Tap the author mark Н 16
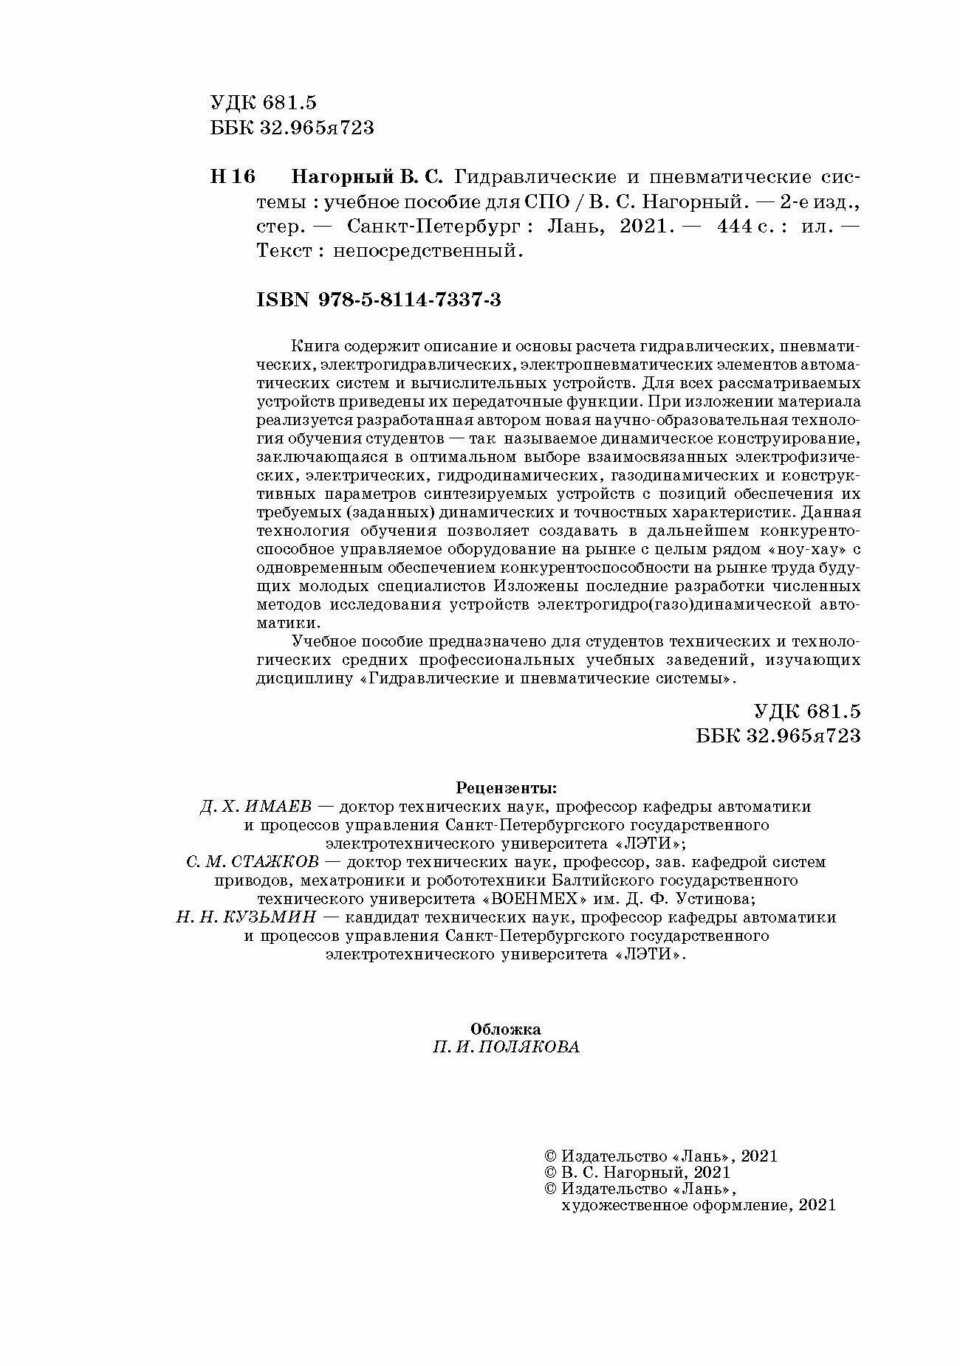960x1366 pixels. [x=233, y=177]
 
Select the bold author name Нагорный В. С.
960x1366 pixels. [x=366, y=177]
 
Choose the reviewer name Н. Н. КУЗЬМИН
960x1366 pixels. [x=246, y=917]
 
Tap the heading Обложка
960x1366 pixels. [x=506, y=1029]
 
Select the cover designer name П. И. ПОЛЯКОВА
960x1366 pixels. [x=506, y=1047]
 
